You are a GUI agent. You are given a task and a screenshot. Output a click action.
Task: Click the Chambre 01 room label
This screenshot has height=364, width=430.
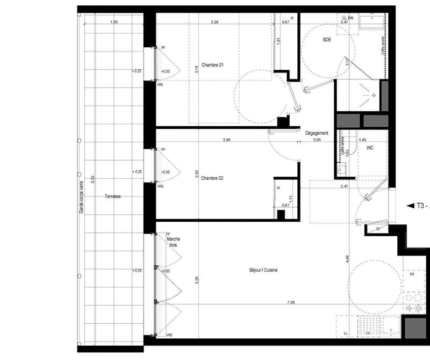(212, 65)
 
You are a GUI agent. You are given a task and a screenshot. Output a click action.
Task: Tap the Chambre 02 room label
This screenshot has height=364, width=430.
(212, 179)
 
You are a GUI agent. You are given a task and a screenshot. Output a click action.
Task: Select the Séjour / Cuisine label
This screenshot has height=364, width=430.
(263, 271)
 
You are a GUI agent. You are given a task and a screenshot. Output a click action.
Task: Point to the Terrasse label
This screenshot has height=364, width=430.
(113, 197)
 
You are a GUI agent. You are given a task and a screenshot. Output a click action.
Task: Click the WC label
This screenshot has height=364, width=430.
(370, 147)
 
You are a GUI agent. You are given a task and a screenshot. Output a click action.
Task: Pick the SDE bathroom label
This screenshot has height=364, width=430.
(327, 40)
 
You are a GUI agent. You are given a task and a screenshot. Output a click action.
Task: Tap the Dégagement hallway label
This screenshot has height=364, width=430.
(317, 133)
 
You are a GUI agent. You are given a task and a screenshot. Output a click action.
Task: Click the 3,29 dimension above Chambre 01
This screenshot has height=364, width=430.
(214, 22)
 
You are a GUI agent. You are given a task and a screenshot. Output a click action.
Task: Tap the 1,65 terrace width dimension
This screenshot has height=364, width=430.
(113, 22)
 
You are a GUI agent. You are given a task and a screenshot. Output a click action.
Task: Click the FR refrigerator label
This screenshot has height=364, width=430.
(412, 274)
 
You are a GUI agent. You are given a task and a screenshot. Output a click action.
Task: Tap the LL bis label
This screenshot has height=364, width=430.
(348, 18)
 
